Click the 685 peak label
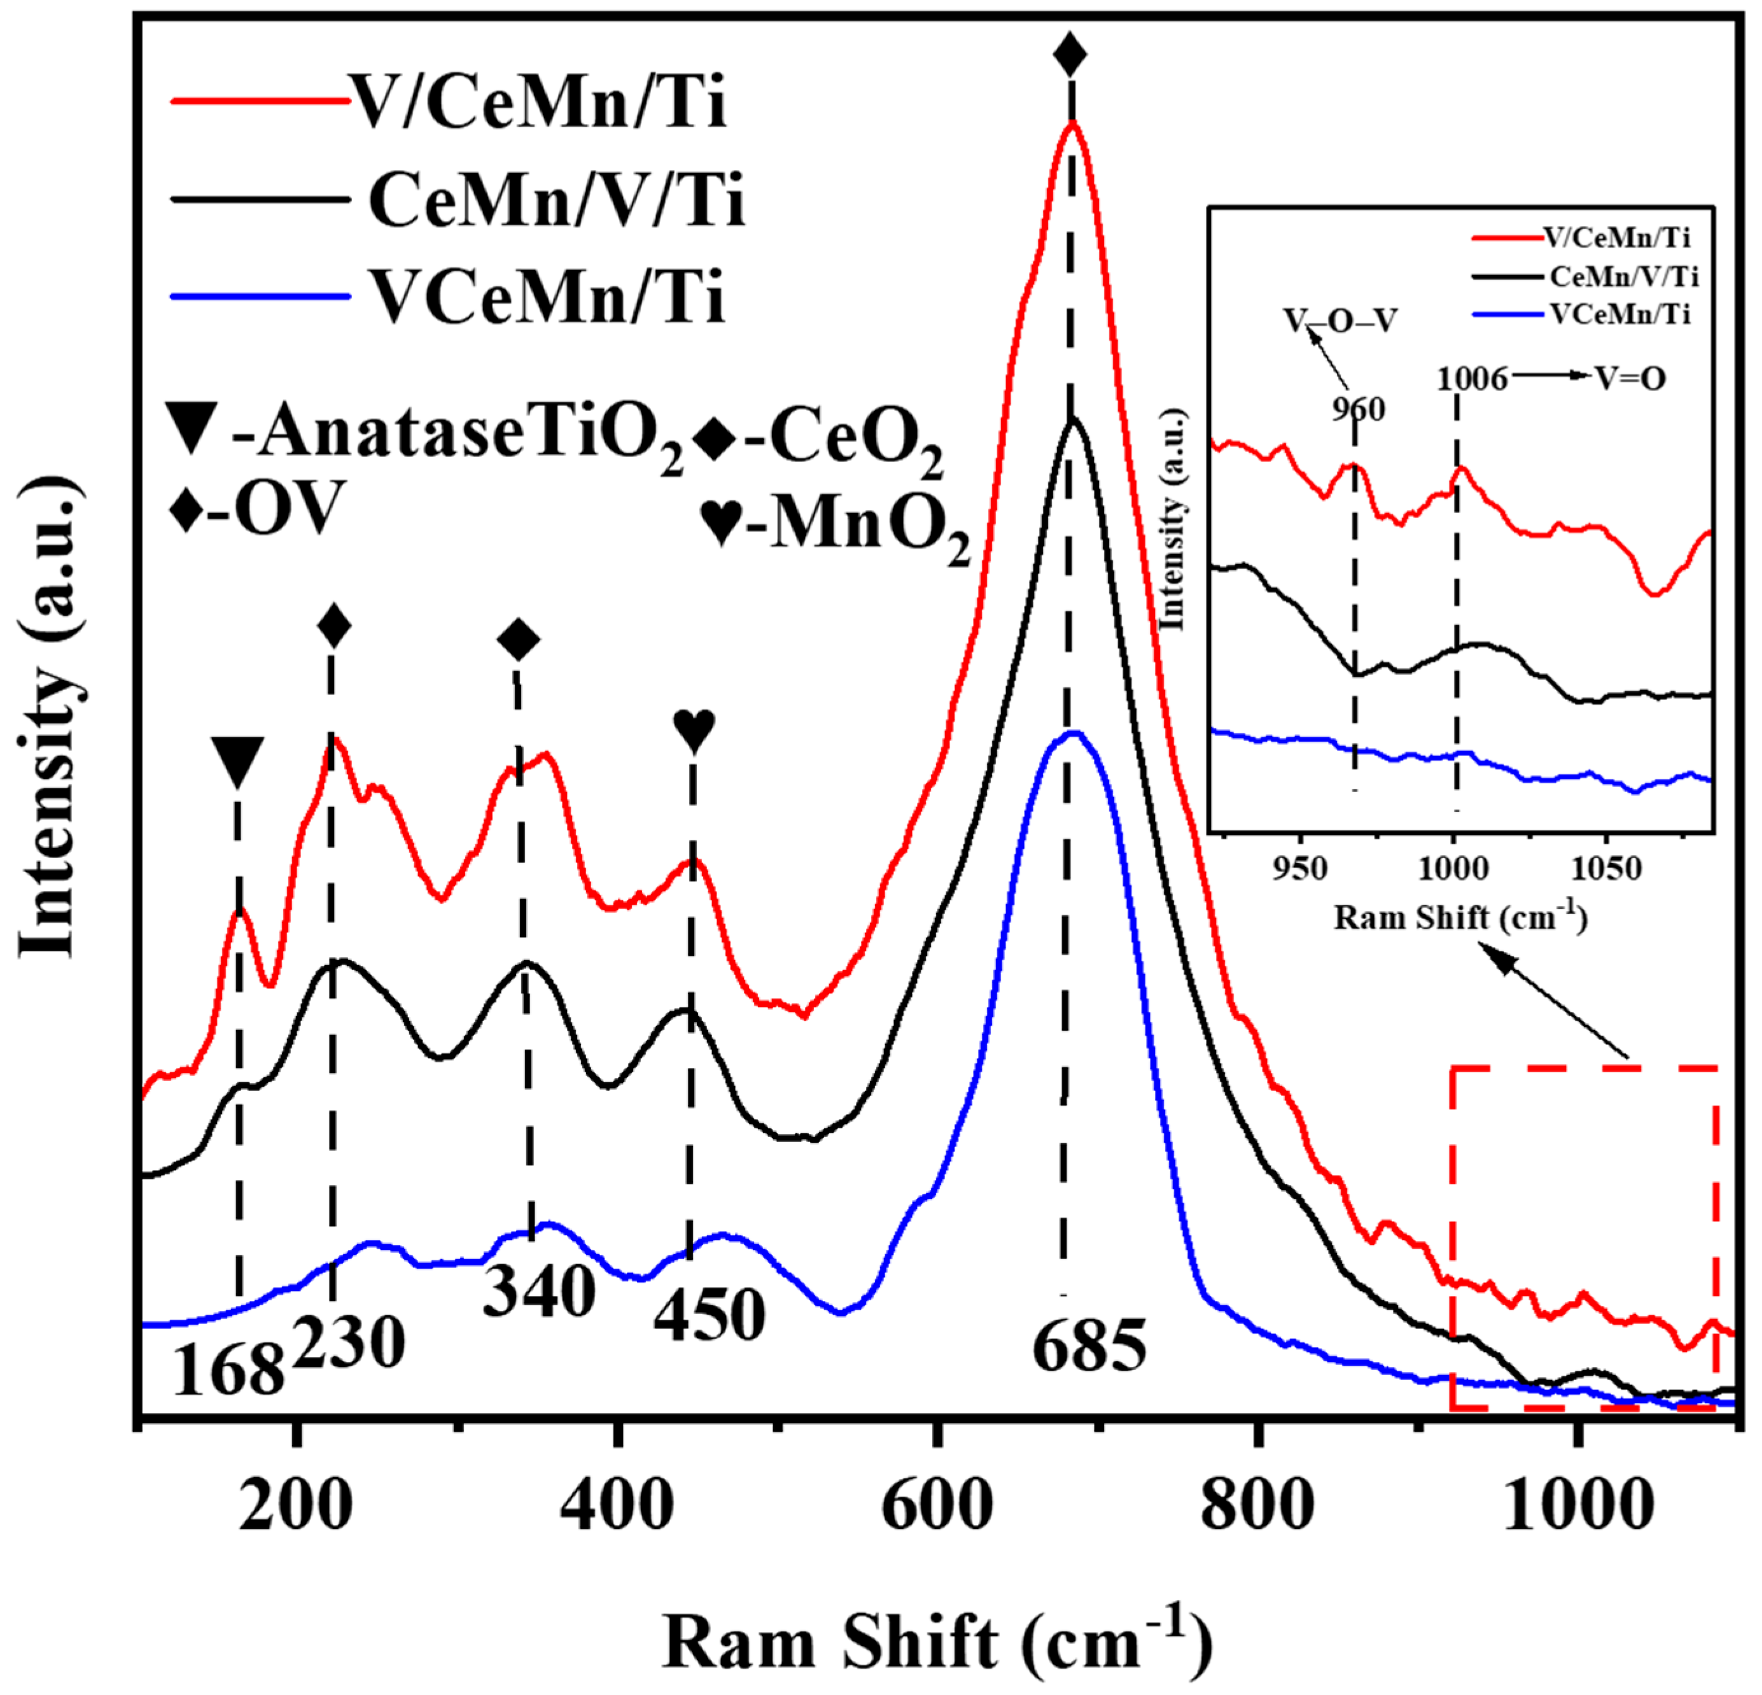tap(1089, 1346)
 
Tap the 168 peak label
tap(228, 1372)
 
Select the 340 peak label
tap(538, 1291)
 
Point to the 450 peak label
tap(710, 1316)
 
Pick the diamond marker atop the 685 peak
tap(1070, 54)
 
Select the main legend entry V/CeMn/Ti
tap(538, 102)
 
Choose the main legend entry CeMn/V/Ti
tap(556, 200)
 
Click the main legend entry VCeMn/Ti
tap(547, 298)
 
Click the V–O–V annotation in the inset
tap(1339, 321)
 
